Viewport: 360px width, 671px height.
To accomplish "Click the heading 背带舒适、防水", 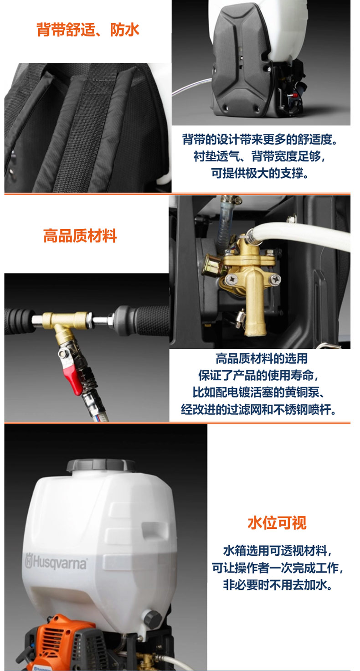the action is tap(88, 30).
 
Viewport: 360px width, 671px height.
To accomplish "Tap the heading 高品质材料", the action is tap(80, 236).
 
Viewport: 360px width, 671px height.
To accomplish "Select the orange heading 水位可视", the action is tap(277, 523).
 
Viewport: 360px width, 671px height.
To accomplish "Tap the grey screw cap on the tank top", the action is tap(101, 465).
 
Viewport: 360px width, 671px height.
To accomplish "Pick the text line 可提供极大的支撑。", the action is tap(260, 173).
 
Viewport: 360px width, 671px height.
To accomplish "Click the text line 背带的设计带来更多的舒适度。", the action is tap(260, 139).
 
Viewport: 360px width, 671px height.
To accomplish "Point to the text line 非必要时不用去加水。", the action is tap(278, 584).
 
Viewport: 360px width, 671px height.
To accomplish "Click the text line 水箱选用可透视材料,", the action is tap(278, 550).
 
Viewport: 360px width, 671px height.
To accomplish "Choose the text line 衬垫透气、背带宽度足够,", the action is tap(260, 156).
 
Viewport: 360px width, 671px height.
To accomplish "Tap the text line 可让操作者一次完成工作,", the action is tap(278, 568).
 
